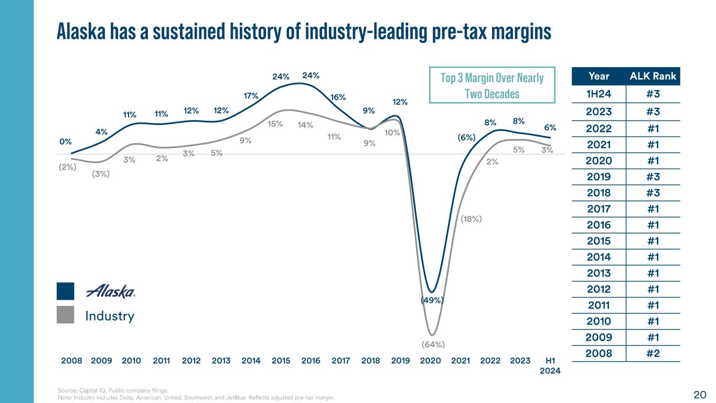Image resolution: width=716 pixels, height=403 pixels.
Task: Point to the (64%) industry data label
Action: (433, 345)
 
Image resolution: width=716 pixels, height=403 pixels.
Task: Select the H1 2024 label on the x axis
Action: (550, 365)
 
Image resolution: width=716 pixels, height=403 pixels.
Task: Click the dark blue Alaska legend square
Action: (66, 291)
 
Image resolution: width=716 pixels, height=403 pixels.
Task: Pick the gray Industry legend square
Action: (66, 315)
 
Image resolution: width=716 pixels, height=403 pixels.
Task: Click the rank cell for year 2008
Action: (653, 353)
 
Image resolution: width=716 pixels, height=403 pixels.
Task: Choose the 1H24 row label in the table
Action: (599, 94)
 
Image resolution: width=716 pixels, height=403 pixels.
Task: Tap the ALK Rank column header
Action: (653, 77)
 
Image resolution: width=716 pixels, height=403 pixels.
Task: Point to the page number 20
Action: (700, 394)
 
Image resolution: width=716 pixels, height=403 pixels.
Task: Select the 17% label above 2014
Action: (251, 96)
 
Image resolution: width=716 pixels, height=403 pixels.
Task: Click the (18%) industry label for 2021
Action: (471, 219)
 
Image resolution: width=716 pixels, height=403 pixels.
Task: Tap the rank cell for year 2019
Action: (653, 176)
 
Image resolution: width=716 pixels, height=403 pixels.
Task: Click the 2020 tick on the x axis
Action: (430, 361)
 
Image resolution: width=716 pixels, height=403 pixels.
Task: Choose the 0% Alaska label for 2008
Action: (66, 141)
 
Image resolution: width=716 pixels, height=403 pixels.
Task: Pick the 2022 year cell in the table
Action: (599, 129)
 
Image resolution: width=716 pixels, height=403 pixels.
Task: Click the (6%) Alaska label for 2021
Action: (466, 137)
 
